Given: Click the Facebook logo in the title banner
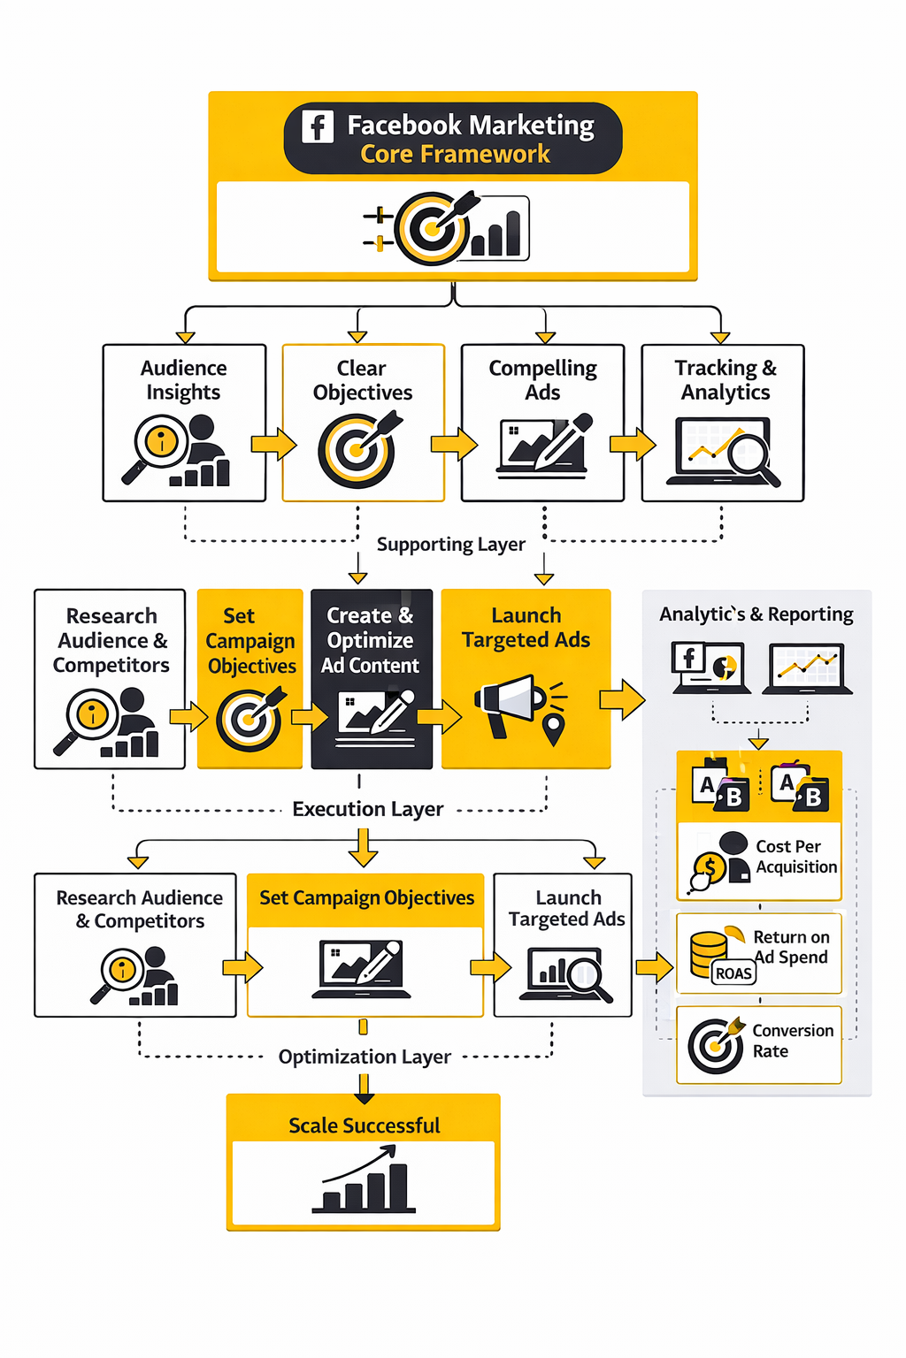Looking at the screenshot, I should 318,126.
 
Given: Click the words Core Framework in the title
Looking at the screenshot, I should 455,155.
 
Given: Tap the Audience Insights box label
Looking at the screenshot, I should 184,380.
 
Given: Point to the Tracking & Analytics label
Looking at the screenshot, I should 726,380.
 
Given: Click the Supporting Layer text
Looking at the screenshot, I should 450,545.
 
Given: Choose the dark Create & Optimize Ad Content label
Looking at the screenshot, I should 371,640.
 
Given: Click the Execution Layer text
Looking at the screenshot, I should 368,809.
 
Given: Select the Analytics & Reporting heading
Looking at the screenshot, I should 756,614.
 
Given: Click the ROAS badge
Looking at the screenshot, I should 733,973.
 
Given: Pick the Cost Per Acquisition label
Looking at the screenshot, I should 795,857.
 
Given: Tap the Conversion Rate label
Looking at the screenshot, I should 792,1041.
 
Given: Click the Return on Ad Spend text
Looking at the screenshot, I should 791,947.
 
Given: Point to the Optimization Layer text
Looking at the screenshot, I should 365,1057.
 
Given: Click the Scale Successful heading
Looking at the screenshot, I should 364,1125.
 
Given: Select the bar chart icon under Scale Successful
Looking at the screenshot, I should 364,1181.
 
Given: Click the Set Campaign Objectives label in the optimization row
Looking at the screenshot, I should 366,898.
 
